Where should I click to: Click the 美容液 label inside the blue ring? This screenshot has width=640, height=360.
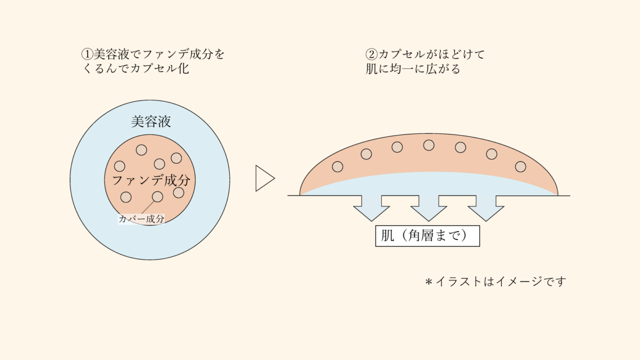[x=150, y=122]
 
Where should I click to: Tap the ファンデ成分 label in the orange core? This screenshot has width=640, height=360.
[x=150, y=180]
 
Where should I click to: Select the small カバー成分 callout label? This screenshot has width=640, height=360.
[x=141, y=218]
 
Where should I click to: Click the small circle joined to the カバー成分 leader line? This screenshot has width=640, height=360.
[x=157, y=197]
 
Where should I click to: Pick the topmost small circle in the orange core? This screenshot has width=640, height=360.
[x=141, y=150]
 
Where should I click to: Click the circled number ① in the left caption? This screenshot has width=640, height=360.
[x=87, y=54]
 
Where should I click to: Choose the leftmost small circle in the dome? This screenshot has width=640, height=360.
[x=338, y=167]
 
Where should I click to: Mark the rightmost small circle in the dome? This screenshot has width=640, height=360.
[x=521, y=166]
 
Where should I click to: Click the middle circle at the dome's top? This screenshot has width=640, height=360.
[x=429, y=145]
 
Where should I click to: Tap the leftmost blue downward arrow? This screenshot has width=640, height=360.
[x=371, y=209]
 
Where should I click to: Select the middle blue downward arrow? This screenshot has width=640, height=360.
[x=429, y=209]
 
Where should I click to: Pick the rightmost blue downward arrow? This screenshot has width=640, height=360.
[x=486, y=209]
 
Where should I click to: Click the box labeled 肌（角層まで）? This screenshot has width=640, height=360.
[x=428, y=235]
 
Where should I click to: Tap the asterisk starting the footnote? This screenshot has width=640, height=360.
[x=428, y=281]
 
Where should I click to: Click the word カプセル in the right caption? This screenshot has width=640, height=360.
[x=401, y=54]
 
